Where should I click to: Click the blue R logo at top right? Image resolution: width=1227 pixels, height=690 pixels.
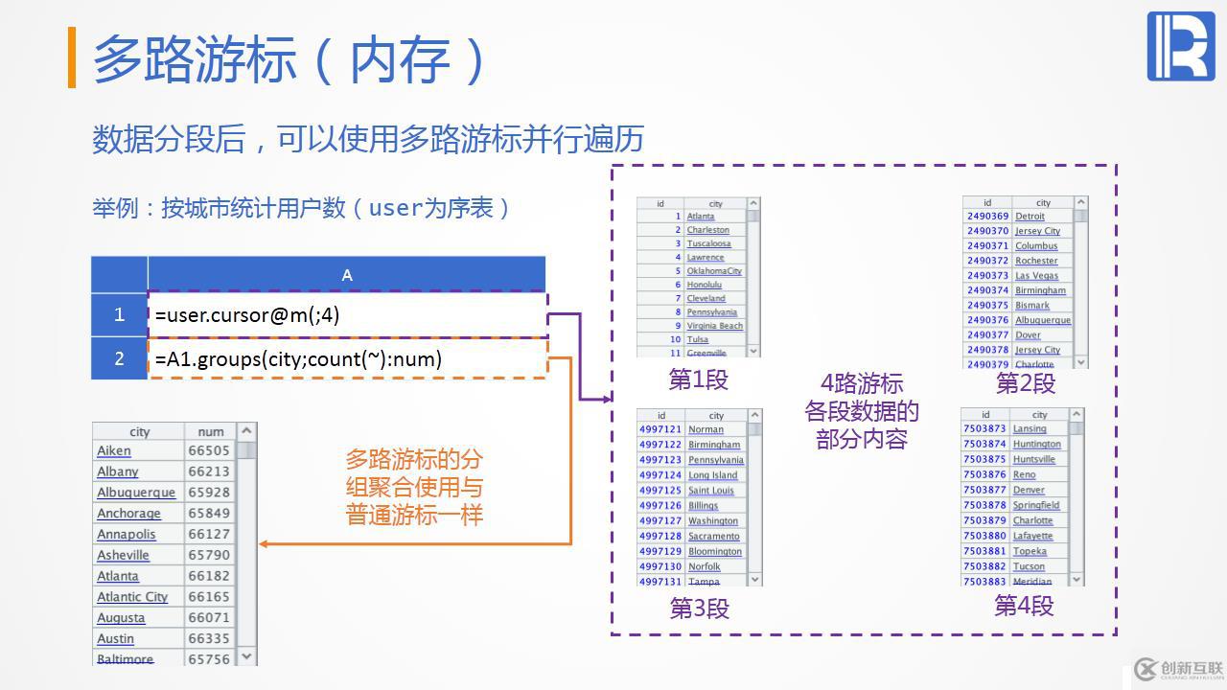(x=1180, y=46)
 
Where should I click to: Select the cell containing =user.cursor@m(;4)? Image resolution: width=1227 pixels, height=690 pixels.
(x=347, y=314)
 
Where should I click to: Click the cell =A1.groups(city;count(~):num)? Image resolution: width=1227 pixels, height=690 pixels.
(x=347, y=359)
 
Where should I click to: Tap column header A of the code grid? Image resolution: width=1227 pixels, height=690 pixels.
(x=347, y=275)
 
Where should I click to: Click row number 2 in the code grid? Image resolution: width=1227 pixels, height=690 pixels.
(x=119, y=358)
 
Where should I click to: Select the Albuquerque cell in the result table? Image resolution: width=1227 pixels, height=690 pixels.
(x=136, y=493)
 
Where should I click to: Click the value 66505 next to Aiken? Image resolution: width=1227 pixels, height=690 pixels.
(x=209, y=450)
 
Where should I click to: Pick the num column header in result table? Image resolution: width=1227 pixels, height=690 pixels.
(x=210, y=431)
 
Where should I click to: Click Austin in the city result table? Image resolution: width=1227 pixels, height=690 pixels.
(x=116, y=638)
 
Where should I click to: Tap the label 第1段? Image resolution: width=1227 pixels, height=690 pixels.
(x=698, y=379)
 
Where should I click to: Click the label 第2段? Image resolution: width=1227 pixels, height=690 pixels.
(x=1025, y=383)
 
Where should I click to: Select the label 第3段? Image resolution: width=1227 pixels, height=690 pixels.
(x=699, y=609)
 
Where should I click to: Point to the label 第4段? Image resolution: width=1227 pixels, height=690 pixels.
(x=1023, y=606)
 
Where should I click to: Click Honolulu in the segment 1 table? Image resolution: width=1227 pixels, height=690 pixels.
(x=704, y=285)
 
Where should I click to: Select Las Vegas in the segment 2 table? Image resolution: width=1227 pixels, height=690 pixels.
(x=1036, y=276)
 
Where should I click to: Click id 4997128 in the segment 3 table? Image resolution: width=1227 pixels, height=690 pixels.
(x=660, y=537)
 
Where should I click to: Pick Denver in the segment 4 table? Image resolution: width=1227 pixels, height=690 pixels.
(x=1029, y=490)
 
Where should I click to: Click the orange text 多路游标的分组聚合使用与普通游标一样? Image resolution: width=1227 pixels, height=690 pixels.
(x=414, y=487)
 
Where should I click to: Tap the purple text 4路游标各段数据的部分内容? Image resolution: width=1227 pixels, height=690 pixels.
(x=862, y=411)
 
